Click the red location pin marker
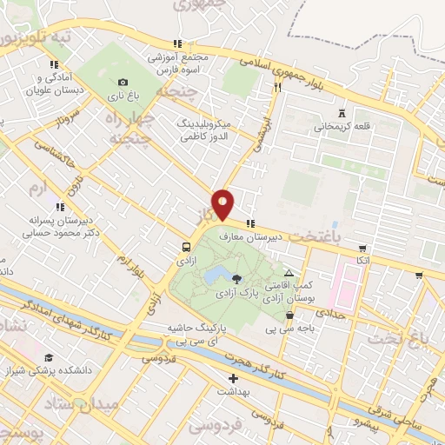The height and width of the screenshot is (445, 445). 223,203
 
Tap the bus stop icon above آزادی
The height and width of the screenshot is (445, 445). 187,246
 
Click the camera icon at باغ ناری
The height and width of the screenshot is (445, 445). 123,83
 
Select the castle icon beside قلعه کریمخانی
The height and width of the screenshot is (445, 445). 341,112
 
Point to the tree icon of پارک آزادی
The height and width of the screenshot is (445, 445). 236,278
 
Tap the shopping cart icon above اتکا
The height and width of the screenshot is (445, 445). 362,247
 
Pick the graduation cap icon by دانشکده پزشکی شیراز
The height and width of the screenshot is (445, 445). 50,357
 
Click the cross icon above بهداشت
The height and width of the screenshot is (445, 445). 233,378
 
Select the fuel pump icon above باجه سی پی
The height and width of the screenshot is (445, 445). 290,316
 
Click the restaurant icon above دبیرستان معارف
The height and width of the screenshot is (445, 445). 251,222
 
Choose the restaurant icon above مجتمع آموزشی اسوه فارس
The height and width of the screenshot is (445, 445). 177,43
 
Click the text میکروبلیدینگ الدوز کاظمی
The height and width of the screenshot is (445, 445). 205,130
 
